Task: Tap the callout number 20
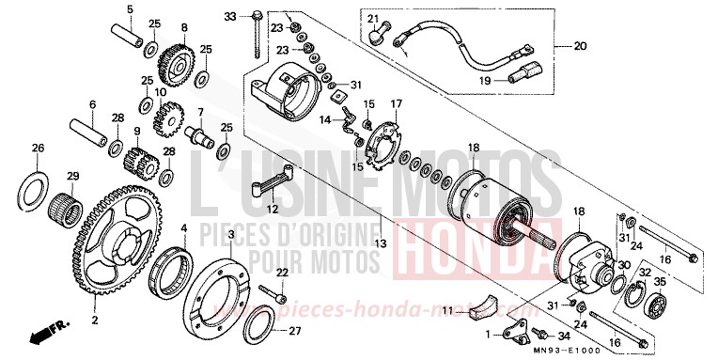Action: tap(579, 46)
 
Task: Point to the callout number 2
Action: tap(94, 321)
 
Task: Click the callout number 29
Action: tap(46, 178)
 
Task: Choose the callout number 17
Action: tap(397, 103)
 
